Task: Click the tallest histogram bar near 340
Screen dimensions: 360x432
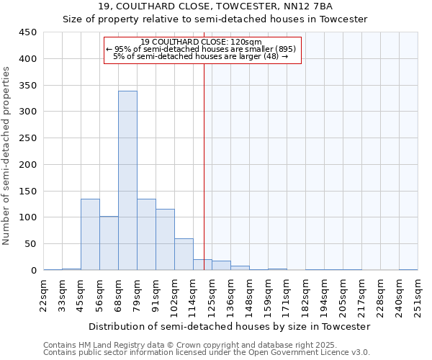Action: pos(127,180)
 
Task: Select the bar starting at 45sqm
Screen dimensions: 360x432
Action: pos(90,234)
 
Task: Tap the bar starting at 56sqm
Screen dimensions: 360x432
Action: pos(109,243)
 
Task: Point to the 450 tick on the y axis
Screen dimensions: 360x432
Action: pos(28,32)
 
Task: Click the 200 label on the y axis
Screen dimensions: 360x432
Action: pos(28,164)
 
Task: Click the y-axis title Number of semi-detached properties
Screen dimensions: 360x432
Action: pos(7,156)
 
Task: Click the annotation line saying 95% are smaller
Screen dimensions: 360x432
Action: pos(201,49)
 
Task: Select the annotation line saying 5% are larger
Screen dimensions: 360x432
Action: pos(201,56)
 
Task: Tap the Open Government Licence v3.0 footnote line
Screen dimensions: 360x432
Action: pos(206,353)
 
